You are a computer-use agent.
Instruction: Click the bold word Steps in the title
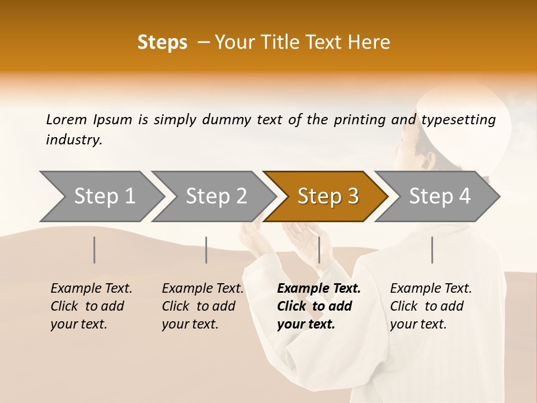162,43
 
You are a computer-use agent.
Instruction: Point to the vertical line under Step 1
95,250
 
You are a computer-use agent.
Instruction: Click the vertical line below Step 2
206,250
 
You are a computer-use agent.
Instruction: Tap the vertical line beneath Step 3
319,250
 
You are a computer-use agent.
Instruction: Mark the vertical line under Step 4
432,250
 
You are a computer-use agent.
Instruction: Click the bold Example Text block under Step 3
318,306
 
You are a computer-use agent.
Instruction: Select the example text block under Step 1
91,306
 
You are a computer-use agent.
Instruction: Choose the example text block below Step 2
202,306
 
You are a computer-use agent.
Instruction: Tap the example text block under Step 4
430,306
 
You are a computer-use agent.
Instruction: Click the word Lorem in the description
67,120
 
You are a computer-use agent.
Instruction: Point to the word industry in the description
74,140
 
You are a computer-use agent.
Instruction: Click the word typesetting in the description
458,120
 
